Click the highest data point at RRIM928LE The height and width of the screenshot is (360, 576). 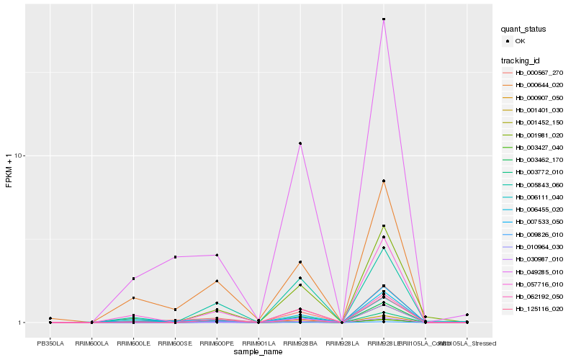384,19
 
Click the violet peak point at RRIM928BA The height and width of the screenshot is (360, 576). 300,143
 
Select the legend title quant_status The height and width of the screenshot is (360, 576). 523,30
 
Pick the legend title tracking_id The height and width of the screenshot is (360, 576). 521,60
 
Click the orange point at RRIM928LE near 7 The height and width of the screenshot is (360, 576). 384,181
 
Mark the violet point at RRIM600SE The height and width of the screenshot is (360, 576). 175,257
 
